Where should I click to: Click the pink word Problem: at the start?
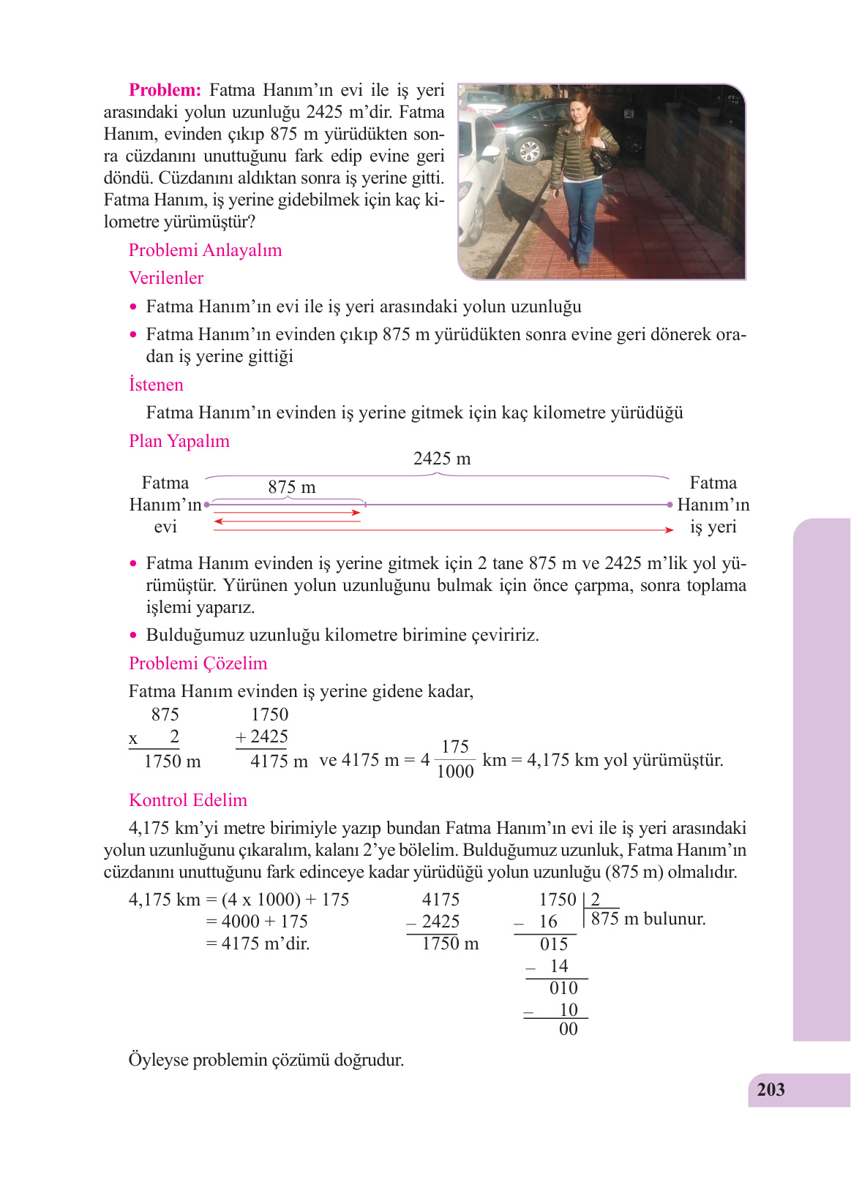pyautogui.click(x=165, y=90)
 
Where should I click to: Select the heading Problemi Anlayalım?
pyautogui.click(x=205, y=250)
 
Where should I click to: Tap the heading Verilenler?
pyautogui.click(x=166, y=278)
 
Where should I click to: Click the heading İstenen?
pyautogui.click(x=156, y=385)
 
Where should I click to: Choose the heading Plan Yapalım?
pyautogui.click(x=179, y=441)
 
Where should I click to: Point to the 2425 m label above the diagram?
pyautogui.click(x=442, y=459)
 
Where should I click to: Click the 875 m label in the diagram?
pyautogui.click(x=291, y=487)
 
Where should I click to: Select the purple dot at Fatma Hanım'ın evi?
pyautogui.click(x=207, y=505)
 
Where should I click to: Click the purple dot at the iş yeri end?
pyautogui.click(x=670, y=505)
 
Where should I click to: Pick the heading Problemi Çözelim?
pyautogui.click(x=198, y=663)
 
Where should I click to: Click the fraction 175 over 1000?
pyautogui.click(x=455, y=759)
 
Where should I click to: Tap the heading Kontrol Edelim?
pyautogui.click(x=188, y=800)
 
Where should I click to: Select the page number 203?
pyautogui.click(x=771, y=1090)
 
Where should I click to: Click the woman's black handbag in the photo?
pyautogui.click(x=603, y=159)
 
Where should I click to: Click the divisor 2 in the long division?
pyautogui.click(x=596, y=900)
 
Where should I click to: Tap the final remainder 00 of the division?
pyautogui.click(x=569, y=1029)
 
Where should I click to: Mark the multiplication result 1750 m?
pyautogui.click(x=172, y=761)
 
